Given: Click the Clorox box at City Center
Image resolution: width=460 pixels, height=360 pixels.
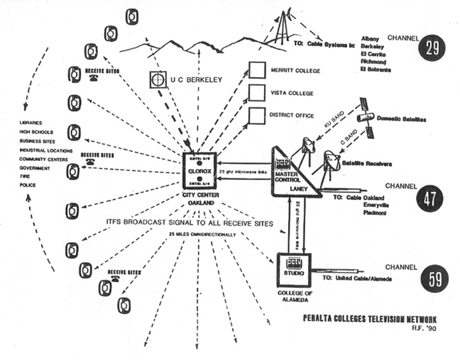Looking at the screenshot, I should pyautogui.click(x=200, y=170).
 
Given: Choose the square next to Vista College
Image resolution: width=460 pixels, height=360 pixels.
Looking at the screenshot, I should pyautogui.click(x=257, y=93).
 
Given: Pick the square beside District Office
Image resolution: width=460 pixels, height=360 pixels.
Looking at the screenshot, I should pyautogui.click(x=257, y=116).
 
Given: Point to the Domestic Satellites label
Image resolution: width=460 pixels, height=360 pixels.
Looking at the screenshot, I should pyautogui.click(x=401, y=119).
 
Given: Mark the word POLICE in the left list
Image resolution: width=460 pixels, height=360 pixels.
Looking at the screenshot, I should pyautogui.click(x=27, y=185).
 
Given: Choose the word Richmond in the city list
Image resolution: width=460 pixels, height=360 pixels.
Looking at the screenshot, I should pyautogui.click(x=374, y=62).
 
